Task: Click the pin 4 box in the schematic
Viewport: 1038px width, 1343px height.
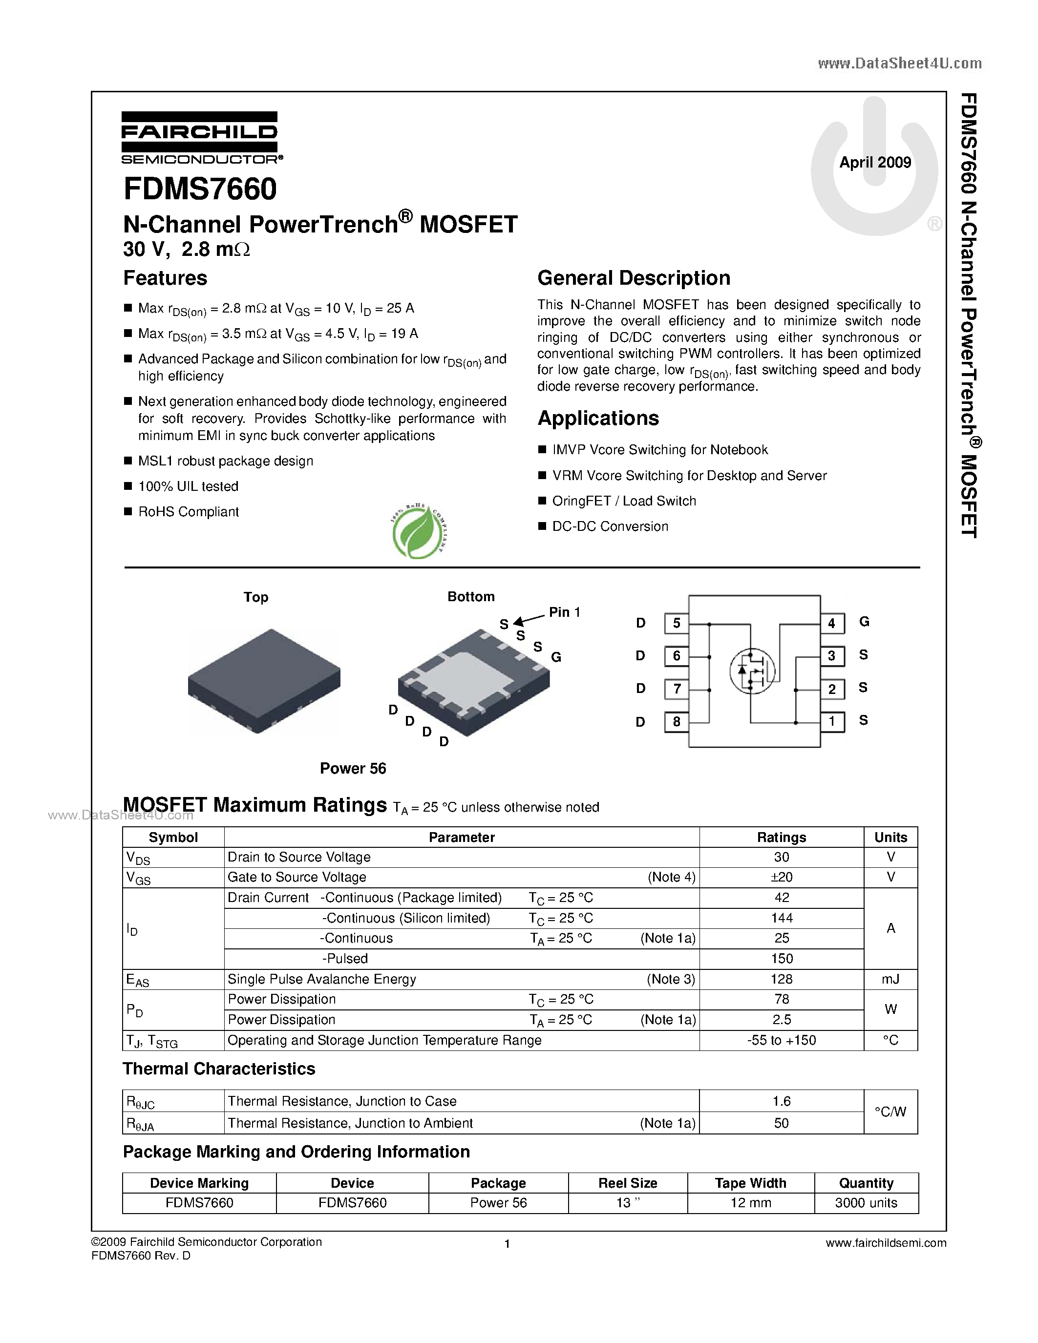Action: [831, 623]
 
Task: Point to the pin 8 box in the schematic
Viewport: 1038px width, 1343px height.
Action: [677, 722]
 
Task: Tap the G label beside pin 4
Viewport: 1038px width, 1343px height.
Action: [864, 622]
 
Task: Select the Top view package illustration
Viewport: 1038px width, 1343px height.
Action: [264, 680]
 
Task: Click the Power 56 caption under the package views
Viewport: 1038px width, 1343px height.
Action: [353, 768]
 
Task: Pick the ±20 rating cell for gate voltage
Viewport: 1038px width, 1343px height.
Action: [781, 877]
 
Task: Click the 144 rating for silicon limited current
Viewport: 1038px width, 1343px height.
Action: [781, 918]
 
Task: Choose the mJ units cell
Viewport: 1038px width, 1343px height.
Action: [890, 979]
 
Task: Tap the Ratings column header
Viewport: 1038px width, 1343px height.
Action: [781, 837]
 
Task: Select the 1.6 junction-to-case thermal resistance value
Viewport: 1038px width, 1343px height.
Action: [781, 1101]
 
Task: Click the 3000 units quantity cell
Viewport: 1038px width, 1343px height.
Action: [866, 1202]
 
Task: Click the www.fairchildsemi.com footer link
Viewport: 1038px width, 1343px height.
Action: [886, 1243]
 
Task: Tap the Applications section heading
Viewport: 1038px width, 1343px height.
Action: [598, 418]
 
